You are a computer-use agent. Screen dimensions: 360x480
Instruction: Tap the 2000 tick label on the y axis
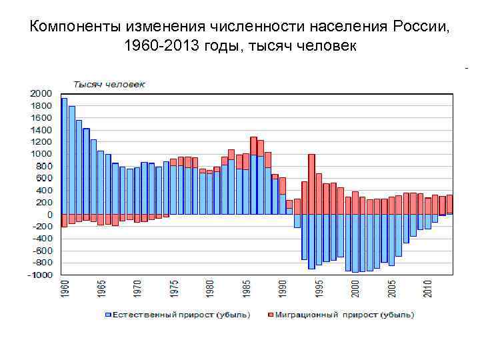pyautogui.click(x=41, y=93)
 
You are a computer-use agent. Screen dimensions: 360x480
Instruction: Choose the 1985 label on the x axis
pyautogui.click(x=246, y=291)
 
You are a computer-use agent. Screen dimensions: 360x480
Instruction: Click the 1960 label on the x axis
pyautogui.click(x=64, y=291)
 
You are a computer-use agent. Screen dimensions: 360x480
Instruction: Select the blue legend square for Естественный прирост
pyautogui.click(x=107, y=314)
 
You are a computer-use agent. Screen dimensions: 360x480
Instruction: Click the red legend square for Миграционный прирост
pyautogui.click(x=270, y=314)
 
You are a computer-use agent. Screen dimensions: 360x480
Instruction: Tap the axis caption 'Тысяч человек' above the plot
pyautogui.click(x=109, y=84)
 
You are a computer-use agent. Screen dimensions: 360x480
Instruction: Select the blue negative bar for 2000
pyautogui.click(x=355, y=243)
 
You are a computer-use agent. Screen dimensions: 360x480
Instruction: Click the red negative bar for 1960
pyautogui.click(x=64, y=221)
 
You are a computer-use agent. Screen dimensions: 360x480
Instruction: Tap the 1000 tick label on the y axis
pyautogui.click(x=41, y=154)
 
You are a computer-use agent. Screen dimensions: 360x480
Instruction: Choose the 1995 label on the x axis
pyautogui.click(x=319, y=291)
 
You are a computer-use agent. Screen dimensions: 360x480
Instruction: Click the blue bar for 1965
pyautogui.click(x=101, y=183)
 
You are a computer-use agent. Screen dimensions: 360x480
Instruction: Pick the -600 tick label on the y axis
pyautogui.click(x=41, y=251)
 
